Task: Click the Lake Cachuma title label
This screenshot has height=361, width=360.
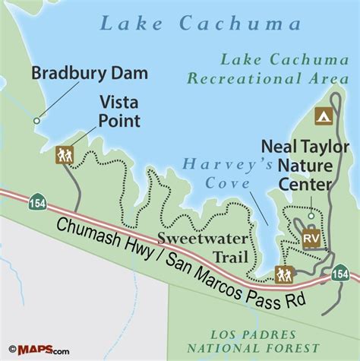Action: point(180,24)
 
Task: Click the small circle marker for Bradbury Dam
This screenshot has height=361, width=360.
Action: point(35,120)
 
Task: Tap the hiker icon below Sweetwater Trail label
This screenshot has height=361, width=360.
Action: point(285,274)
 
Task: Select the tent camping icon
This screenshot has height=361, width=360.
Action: point(323,116)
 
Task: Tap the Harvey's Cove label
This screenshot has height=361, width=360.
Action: point(238,173)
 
